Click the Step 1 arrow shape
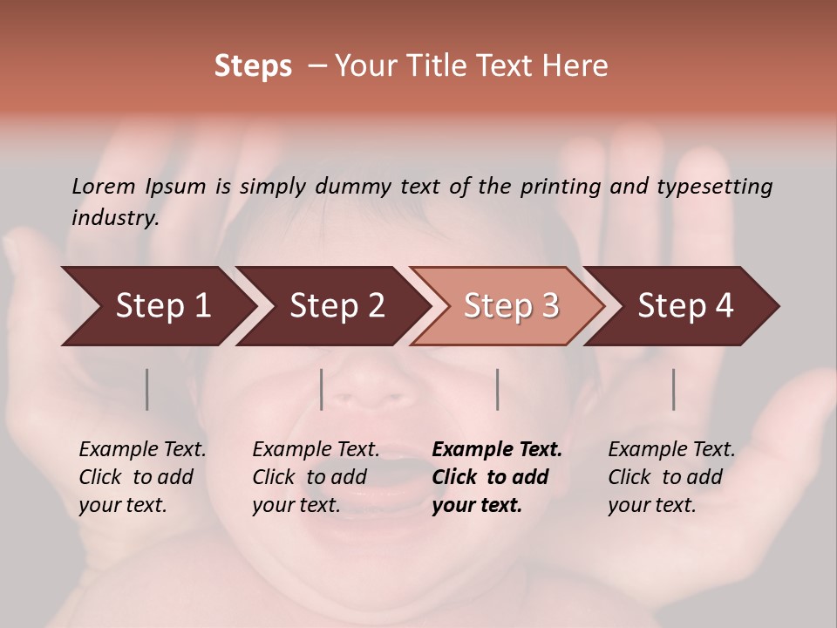pos(157,306)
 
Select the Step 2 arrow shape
pos(336,306)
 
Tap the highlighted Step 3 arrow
pos(510,306)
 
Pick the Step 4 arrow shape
pos(684,306)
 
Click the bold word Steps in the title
pos(253,66)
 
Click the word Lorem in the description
pos(104,186)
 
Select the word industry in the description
pos(114,217)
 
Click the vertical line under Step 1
pos(146,389)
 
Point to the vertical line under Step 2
pos(322,389)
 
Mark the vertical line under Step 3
pos(497,389)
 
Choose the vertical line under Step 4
pos(673,389)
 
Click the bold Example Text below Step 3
pos(497,450)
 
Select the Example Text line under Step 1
pos(142,450)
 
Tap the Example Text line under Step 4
pos(671,450)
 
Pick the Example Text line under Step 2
pos(316,450)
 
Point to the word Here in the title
pos(578,66)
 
